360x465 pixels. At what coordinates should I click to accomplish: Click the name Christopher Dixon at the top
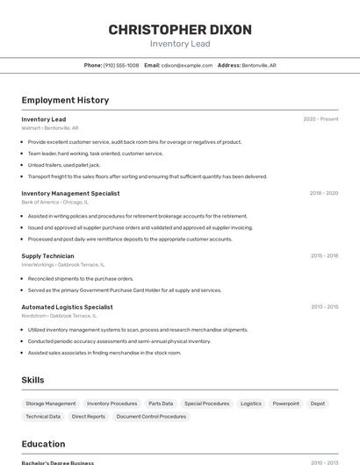click(180, 30)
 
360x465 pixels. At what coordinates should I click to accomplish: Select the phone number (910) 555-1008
click(121, 65)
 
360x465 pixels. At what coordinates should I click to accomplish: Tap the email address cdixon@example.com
click(187, 65)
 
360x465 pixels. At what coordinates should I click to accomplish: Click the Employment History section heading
click(65, 100)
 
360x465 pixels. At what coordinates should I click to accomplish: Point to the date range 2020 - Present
click(320, 119)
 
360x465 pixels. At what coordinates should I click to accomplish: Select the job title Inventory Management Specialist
click(70, 193)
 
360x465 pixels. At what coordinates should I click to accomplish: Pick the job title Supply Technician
click(47, 255)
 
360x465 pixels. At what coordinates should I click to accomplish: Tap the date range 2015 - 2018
click(324, 255)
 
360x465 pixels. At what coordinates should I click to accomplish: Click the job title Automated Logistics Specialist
click(67, 307)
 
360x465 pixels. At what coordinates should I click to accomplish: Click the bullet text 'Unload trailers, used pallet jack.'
click(64, 165)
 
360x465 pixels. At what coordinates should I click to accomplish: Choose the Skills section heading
click(32, 380)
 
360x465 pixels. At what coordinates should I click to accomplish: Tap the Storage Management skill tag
click(51, 404)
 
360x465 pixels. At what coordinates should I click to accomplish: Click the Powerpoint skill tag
click(285, 404)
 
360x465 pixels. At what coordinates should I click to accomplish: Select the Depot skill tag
click(318, 404)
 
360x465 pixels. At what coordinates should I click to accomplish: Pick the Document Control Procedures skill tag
click(151, 417)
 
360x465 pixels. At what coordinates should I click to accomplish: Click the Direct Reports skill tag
click(89, 417)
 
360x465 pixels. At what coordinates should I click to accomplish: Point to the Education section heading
click(43, 444)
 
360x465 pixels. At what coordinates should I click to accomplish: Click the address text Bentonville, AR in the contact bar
click(259, 65)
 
